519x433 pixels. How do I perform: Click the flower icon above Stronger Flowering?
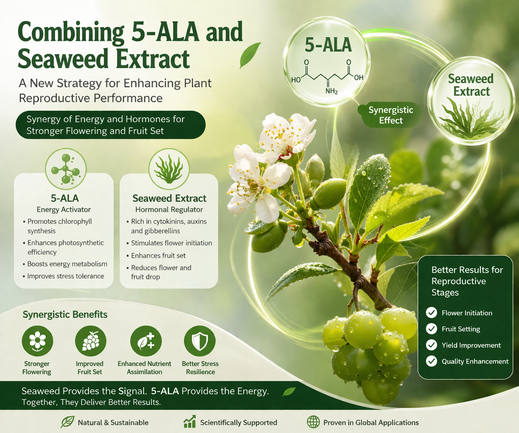pos(37,341)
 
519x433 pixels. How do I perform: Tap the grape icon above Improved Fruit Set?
pos(91,341)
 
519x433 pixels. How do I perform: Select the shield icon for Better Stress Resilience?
pos(200,341)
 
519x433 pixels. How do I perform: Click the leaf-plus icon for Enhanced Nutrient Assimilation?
pos(146,341)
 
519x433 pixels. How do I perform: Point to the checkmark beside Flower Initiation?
pos(431,313)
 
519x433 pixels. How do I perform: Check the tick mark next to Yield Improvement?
pos(431,345)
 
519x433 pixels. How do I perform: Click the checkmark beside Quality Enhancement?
pos(431,361)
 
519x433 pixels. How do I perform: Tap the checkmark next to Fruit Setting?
pos(431,329)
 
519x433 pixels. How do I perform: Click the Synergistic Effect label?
pos(391,115)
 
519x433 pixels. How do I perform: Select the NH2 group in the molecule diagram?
pos(331,91)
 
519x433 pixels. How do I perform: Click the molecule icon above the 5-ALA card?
pos(66,169)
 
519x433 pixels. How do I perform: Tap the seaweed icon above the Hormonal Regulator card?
pos(169,169)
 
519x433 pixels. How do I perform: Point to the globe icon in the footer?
pos(313,422)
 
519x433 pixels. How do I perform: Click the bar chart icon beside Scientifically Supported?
pos(190,422)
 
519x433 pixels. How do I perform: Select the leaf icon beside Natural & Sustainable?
pos(67,422)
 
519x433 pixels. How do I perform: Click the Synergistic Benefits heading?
pos(65,314)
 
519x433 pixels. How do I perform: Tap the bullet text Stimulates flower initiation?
pos(171,243)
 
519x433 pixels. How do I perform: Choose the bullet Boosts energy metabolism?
pos(67,264)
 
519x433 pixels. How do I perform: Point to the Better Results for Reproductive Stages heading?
pos(467,281)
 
